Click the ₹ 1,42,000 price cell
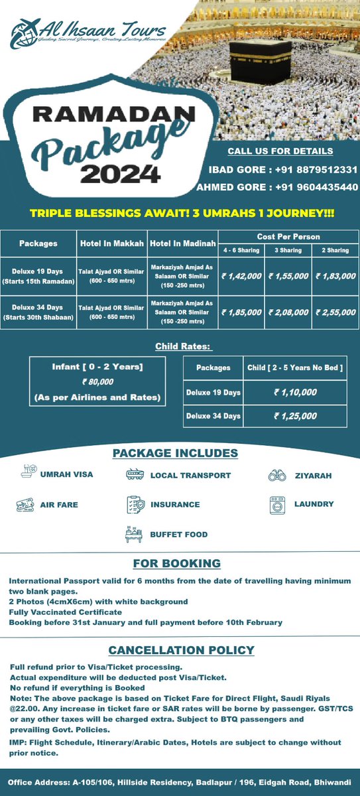click(x=241, y=275)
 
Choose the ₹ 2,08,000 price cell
click(x=288, y=311)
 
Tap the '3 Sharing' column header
click(x=288, y=251)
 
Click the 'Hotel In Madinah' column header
click(x=182, y=243)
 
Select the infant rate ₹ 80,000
click(x=97, y=381)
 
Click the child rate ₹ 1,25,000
click(x=296, y=416)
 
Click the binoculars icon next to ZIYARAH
click(x=276, y=475)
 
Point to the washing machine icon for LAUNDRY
click(x=276, y=504)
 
